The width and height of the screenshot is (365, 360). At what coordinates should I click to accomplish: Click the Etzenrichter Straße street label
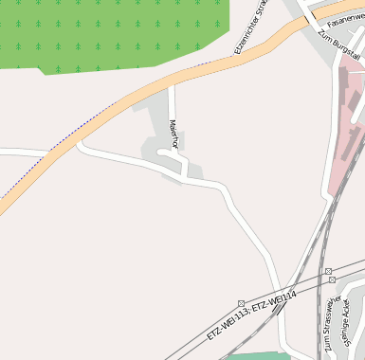click(252, 26)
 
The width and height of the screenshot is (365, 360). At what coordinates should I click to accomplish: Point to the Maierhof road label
click(173, 133)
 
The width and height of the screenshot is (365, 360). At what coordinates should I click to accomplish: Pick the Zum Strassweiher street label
click(334, 326)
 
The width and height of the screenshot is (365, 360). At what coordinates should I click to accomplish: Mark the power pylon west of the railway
click(241, 304)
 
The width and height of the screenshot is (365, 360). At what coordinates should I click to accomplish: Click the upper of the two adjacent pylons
click(329, 271)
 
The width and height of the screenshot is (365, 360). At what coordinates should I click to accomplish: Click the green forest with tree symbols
click(114, 33)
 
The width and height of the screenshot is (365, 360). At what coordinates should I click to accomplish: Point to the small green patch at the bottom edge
click(258, 355)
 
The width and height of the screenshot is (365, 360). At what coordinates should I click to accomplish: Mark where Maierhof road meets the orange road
click(172, 84)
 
